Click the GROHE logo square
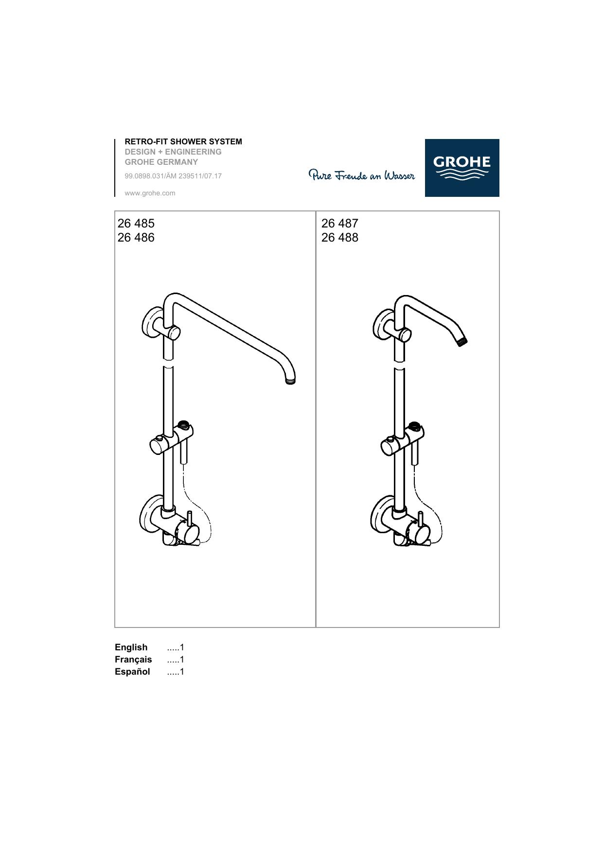click(x=462, y=168)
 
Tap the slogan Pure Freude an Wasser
click(x=362, y=175)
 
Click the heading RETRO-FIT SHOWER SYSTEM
click(x=183, y=141)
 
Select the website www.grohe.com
click(x=150, y=193)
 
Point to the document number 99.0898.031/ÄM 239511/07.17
click(x=173, y=176)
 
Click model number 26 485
click(x=136, y=223)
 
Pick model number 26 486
click(x=136, y=237)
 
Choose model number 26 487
click(x=340, y=223)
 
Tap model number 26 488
click(x=340, y=237)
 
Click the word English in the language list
click(x=131, y=647)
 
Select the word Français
click(x=133, y=660)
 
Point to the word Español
click(x=132, y=672)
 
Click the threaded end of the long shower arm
click(x=290, y=381)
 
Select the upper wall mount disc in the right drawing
click(x=380, y=325)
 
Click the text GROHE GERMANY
click(x=161, y=162)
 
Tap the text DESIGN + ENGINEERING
click(x=173, y=152)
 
